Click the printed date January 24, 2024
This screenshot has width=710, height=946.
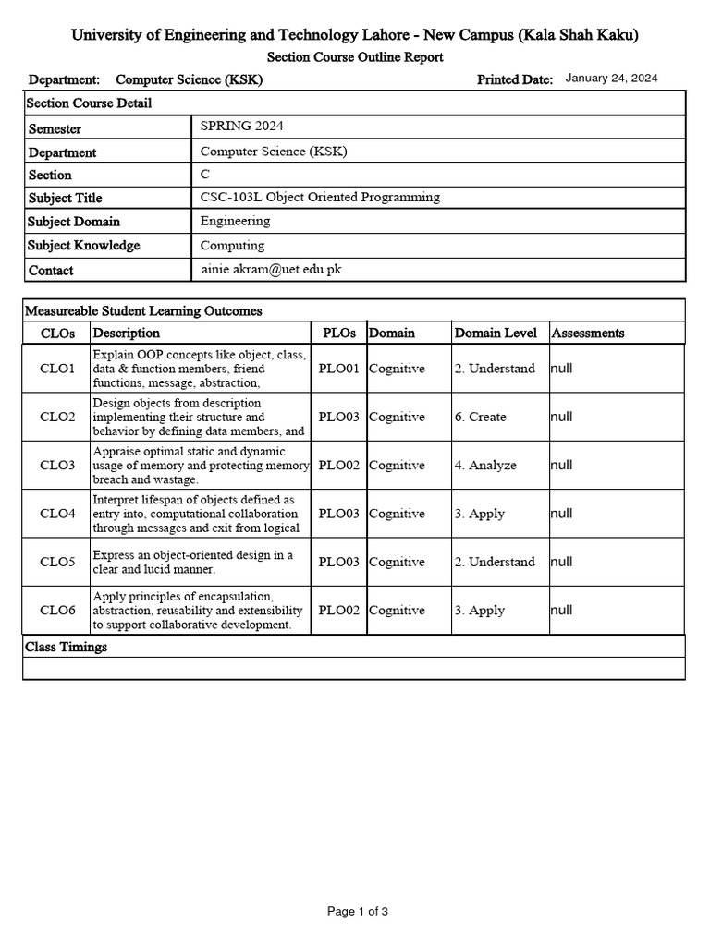pos(611,79)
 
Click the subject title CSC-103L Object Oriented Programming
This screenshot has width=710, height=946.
pos(320,197)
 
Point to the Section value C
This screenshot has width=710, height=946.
pos(205,174)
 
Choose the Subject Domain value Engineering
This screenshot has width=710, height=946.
pos(235,221)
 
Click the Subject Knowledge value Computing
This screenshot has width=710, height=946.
pos(232,245)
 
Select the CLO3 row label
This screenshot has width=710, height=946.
pos(57,466)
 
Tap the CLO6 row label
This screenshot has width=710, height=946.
pos(57,611)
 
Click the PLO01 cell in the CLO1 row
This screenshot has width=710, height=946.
pos(339,369)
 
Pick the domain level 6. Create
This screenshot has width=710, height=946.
pos(480,417)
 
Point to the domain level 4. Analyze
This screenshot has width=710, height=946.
pos(484,466)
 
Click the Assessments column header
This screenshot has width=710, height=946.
pos(587,333)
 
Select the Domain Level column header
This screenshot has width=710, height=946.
pos(496,333)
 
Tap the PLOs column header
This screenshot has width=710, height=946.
pos(338,333)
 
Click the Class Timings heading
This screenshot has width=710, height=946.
pos(66,647)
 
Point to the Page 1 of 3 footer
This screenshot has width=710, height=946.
pos(358,912)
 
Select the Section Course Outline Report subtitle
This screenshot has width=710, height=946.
pos(355,57)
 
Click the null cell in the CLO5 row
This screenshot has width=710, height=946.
pos(561,562)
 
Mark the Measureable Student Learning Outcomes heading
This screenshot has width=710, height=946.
pos(143,310)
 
